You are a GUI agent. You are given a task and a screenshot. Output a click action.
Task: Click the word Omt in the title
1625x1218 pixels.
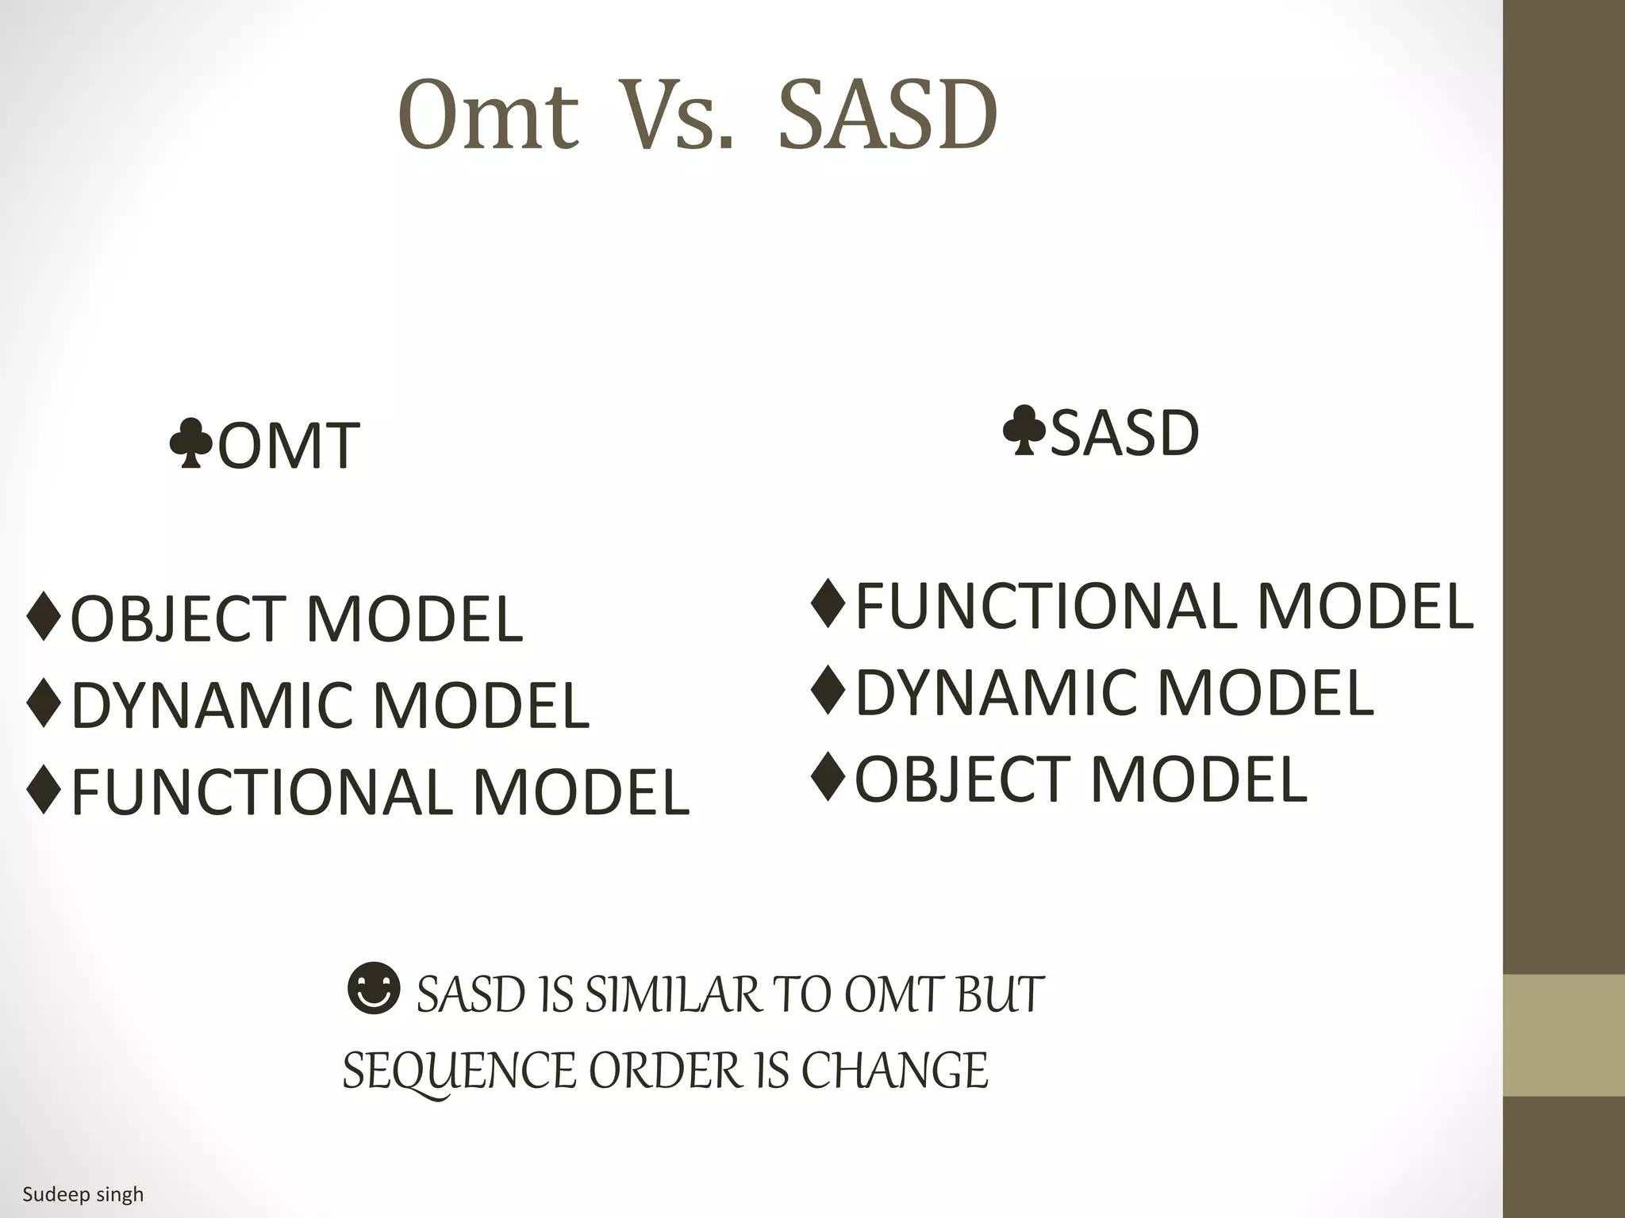tap(487, 117)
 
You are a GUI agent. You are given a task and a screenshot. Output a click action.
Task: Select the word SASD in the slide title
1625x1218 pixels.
tap(887, 117)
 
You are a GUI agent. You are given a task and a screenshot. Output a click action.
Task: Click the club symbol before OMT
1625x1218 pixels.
tap(190, 445)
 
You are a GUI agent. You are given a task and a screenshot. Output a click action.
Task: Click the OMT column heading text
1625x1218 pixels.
tap(289, 446)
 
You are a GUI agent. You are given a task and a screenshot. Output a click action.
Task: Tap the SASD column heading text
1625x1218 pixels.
tap(1124, 434)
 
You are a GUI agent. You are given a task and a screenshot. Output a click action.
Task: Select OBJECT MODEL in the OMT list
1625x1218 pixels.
tap(297, 619)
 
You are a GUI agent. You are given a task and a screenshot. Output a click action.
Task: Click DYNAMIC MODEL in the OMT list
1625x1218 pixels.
tap(330, 706)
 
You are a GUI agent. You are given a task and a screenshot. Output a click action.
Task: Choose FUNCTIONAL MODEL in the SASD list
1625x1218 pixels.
tap(1163, 607)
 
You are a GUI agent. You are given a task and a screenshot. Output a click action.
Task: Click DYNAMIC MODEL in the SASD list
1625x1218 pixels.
tap(1114, 692)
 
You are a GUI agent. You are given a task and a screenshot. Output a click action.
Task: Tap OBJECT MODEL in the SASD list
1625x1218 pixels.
tap(1081, 779)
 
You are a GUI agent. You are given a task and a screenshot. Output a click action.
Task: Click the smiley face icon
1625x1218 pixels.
tap(374, 989)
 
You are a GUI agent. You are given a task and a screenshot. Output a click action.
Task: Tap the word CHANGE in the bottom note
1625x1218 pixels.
tap(894, 1071)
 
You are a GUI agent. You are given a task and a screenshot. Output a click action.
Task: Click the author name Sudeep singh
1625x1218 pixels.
tap(83, 1194)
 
